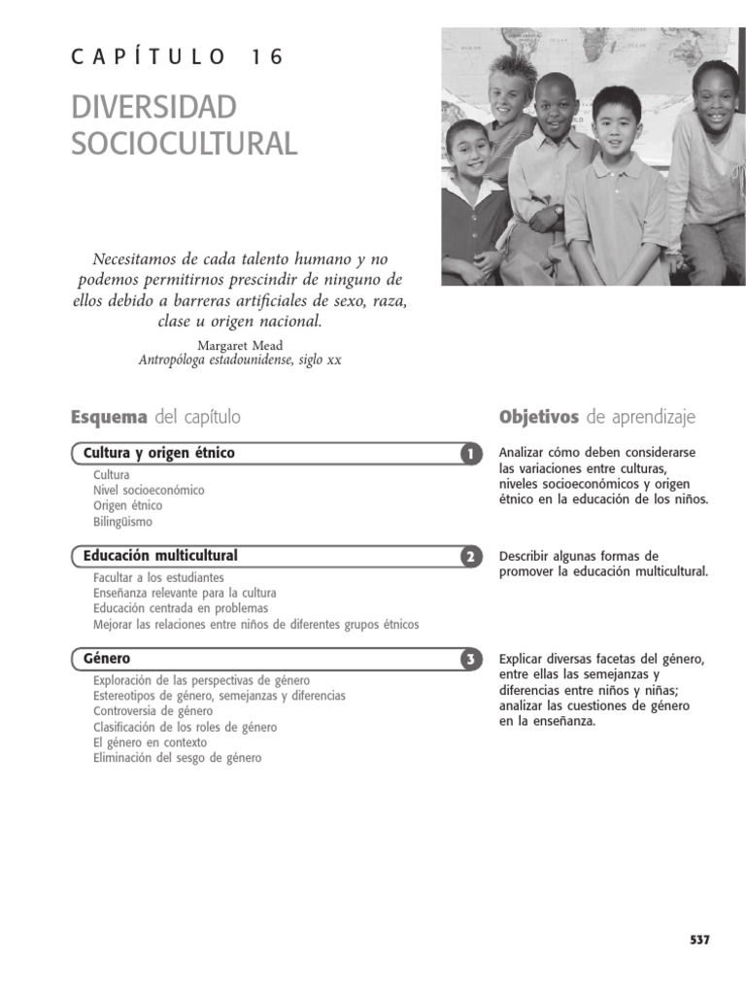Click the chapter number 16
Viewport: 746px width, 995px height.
coord(267,57)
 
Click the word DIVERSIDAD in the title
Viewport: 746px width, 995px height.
coord(153,108)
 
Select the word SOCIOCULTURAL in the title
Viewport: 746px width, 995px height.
coord(184,144)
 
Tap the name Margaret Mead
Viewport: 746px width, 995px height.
coord(240,345)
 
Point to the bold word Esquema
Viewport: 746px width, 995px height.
coord(109,417)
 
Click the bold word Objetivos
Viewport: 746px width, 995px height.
coord(538,417)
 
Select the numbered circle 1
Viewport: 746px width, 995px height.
coord(470,454)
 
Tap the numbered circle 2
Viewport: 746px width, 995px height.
coord(470,557)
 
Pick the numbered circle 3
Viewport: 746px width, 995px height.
coord(470,660)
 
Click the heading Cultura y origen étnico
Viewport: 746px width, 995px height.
coord(159,453)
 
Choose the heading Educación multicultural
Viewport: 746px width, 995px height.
coord(160,556)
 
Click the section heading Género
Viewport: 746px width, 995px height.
coord(107,659)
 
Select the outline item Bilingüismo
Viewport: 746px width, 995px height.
coord(122,522)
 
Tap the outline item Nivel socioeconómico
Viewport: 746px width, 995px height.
coord(149,491)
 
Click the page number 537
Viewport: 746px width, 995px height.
coord(699,940)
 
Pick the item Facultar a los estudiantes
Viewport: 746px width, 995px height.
coord(158,578)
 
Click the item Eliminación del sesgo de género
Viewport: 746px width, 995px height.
coord(177,758)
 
